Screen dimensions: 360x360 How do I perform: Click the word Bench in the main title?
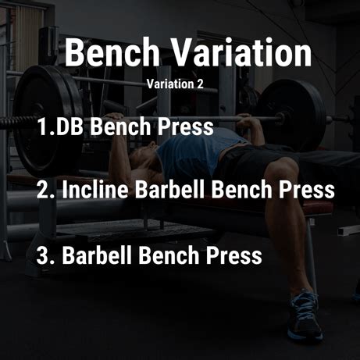(112, 52)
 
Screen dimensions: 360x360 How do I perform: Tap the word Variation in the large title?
(242, 52)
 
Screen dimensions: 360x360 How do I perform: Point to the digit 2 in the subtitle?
(200, 84)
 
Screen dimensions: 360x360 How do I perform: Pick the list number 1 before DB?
(42, 127)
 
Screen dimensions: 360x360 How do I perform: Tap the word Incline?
(95, 189)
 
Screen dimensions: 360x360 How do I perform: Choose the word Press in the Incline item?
(307, 189)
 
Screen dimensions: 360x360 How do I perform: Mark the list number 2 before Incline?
(43, 189)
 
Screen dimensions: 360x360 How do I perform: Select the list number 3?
(43, 255)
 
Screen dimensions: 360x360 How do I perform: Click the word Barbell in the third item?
(97, 255)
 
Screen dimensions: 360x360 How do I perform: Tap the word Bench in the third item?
(169, 255)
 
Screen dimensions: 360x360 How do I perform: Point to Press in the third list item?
(234, 255)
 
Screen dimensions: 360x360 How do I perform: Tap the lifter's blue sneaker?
(305, 315)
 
